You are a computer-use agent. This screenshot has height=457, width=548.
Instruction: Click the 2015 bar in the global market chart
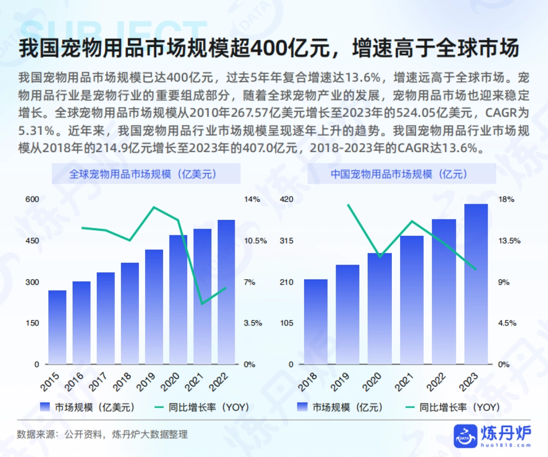point(58,327)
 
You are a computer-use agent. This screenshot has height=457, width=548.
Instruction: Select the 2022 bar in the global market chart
point(226,292)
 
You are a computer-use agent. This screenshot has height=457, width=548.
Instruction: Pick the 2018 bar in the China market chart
point(316,322)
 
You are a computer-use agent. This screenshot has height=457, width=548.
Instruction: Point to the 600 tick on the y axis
point(34,199)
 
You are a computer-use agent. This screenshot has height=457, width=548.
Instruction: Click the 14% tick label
point(252,199)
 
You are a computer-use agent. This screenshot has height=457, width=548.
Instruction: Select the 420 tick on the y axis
point(286,199)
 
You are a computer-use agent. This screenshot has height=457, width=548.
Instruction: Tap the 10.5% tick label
point(255,241)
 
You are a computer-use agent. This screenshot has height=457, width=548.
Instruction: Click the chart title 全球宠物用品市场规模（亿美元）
point(146,174)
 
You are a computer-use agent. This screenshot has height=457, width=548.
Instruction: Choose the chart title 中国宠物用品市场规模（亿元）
point(402,174)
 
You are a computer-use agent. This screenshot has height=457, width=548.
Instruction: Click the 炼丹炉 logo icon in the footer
point(464,436)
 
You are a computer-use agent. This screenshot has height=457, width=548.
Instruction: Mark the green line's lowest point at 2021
point(202,304)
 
